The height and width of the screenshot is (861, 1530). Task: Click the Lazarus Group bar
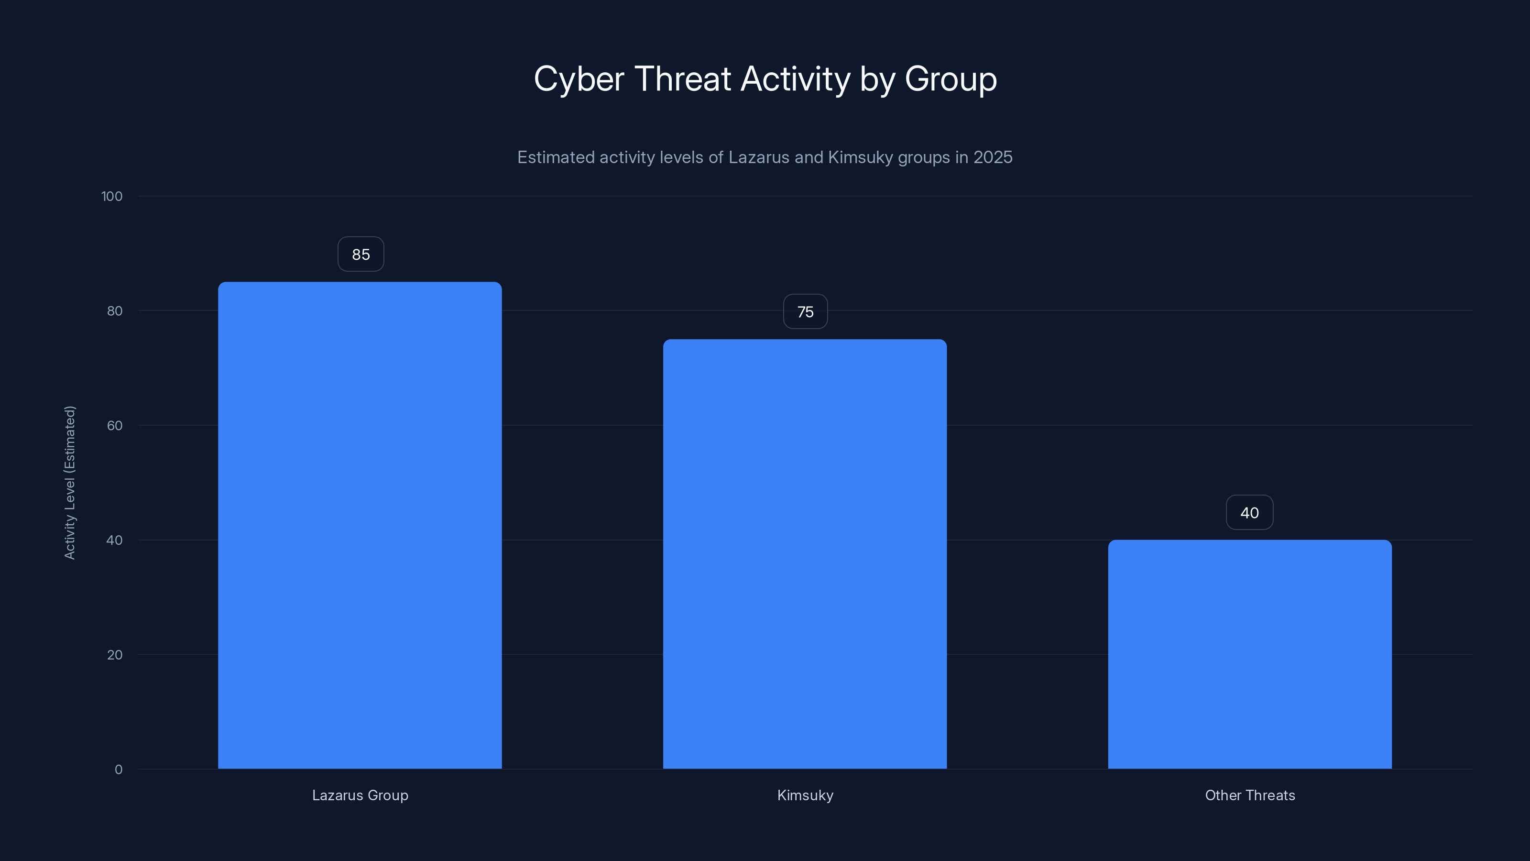tap(360, 525)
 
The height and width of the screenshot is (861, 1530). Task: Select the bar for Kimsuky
tap(805, 554)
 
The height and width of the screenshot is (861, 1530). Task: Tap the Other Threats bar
tap(1250, 654)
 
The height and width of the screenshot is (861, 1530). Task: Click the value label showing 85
tap(361, 254)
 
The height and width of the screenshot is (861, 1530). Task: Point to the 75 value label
tap(805, 312)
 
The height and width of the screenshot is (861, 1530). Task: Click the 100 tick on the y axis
tap(112, 197)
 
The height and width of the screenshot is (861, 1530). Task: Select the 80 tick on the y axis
tap(115, 311)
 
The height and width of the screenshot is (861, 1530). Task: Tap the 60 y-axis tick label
tap(115, 425)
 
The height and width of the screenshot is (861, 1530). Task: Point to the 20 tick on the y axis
tap(115, 655)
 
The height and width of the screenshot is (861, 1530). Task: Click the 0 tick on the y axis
tap(118, 770)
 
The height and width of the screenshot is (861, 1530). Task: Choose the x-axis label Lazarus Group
tap(360, 795)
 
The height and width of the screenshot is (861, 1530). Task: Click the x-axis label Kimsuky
tap(805, 795)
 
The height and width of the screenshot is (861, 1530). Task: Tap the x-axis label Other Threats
tap(1250, 795)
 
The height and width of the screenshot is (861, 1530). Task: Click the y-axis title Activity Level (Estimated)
tap(70, 483)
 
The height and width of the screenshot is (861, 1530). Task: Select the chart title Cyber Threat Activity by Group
tap(765, 79)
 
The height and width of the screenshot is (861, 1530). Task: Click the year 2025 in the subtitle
tap(993, 157)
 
